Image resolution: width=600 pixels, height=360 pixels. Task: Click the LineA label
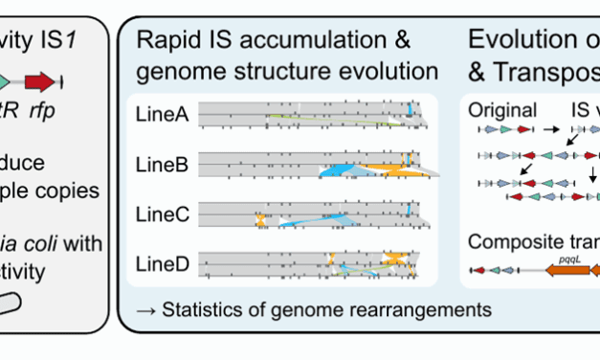pos(162,117)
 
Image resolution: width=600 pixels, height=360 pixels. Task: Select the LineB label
pos(162,165)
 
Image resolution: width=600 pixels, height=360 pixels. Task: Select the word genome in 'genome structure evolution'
pos(177,71)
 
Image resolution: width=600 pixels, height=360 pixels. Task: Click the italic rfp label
pos(40,108)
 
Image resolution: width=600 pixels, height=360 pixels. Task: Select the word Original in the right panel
pos(502,108)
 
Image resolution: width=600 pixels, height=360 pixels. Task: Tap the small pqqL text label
pos(564,258)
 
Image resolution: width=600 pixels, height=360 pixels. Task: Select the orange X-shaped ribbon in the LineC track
pos(260,220)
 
